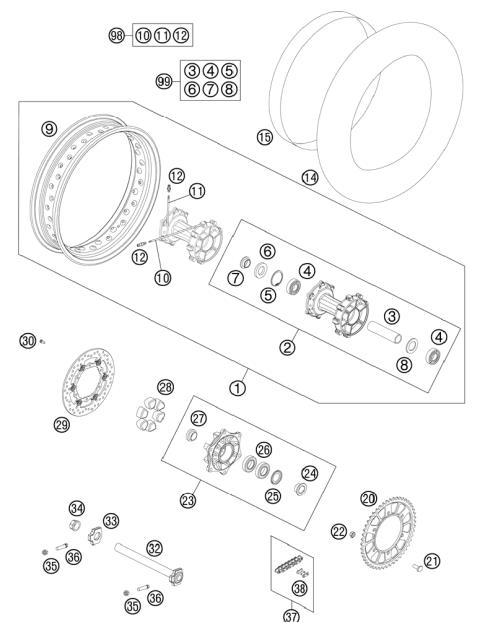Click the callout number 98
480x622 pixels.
pyautogui.click(x=117, y=35)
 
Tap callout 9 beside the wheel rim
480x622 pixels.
pyautogui.click(x=46, y=128)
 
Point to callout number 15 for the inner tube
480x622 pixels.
pyautogui.click(x=264, y=137)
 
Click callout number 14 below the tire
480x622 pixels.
pyautogui.click(x=310, y=178)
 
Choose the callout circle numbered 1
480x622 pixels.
pyautogui.click(x=236, y=382)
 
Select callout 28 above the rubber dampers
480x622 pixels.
pyautogui.click(x=165, y=386)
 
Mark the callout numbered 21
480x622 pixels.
pyautogui.click(x=431, y=561)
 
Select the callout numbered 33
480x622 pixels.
pyautogui.click(x=111, y=520)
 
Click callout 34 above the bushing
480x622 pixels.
pyautogui.click(x=76, y=507)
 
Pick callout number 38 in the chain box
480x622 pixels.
pyautogui.click(x=299, y=588)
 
